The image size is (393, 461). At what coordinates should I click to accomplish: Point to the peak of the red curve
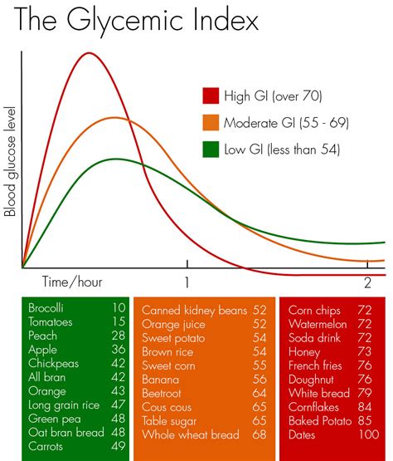pyautogui.click(x=89, y=53)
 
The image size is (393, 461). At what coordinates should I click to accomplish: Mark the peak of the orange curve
pyautogui.click(x=114, y=118)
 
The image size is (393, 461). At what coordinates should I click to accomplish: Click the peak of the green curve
pyautogui.click(x=117, y=159)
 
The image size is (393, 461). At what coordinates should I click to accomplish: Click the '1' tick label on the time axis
pyautogui.click(x=187, y=281)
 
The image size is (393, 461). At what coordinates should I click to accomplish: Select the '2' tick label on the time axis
pyautogui.click(x=368, y=281)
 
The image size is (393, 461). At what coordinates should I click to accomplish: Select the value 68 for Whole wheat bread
pyautogui.click(x=259, y=434)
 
